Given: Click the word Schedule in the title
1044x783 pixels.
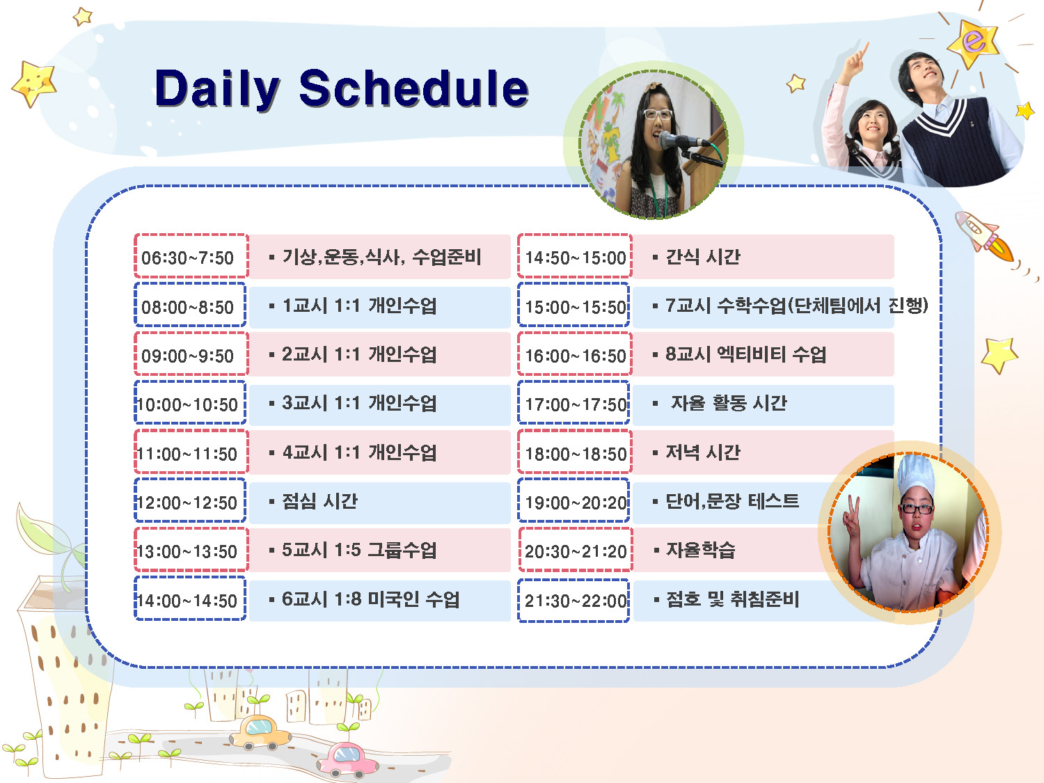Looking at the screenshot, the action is [x=414, y=88].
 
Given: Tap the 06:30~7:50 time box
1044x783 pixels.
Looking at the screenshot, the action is [x=191, y=255].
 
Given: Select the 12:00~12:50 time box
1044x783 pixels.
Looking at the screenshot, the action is [x=190, y=500].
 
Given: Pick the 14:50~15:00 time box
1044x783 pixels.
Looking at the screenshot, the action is [x=575, y=255].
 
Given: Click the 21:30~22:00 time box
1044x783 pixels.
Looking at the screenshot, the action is [x=574, y=601].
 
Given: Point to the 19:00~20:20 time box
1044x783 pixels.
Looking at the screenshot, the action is [x=574, y=500].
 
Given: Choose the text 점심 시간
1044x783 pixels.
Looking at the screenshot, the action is [x=319, y=501].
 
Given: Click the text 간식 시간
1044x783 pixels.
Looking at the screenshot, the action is [x=703, y=257].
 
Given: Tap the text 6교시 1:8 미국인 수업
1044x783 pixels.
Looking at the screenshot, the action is [x=370, y=599].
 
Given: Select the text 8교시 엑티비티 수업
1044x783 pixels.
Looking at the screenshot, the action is [x=745, y=354].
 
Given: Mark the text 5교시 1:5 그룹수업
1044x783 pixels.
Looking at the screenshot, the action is [x=359, y=550].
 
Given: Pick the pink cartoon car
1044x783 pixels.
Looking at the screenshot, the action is [x=347, y=758].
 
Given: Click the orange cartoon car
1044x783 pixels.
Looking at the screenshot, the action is [x=260, y=733].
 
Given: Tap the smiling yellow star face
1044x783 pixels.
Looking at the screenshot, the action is [x=34, y=84].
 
